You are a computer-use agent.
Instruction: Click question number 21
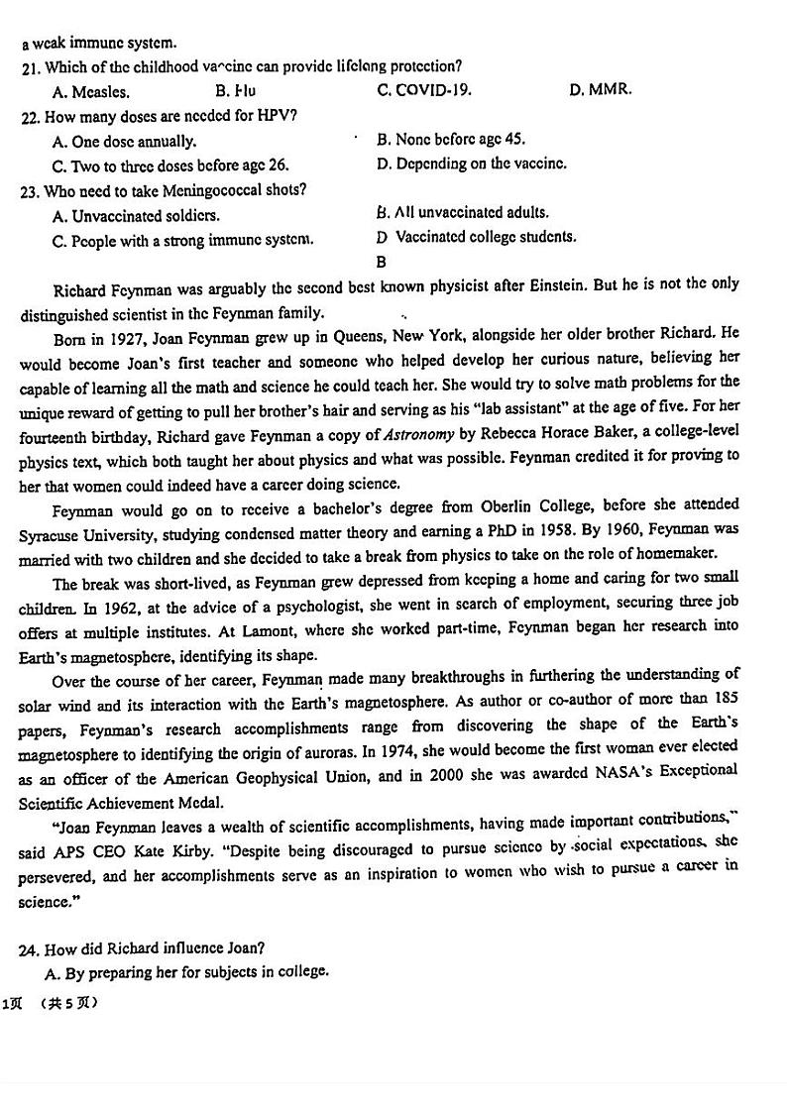[x=29, y=67]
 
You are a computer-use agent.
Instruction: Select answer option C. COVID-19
[x=424, y=90]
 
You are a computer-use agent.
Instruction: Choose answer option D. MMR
[x=601, y=90]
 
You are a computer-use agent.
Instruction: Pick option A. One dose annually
[x=124, y=142]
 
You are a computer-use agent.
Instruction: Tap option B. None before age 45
[x=451, y=140]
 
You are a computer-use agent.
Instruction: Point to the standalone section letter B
[x=382, y=262]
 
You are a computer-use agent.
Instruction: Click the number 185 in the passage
[x=725, y=699]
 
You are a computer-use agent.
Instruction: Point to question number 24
[x=29, y=949]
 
